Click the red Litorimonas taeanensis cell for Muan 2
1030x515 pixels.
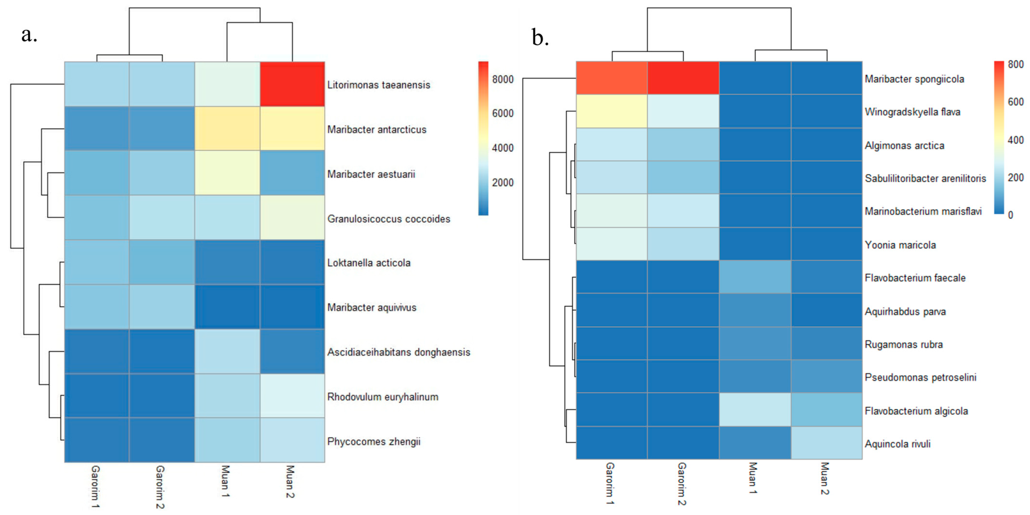click(292, 84)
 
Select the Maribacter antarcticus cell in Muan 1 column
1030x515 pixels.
click(227, 129)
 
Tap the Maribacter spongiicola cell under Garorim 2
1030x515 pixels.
click(683, 78)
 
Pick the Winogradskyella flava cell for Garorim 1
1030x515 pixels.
click(612, 111)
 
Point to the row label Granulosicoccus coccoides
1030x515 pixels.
click(388, 219)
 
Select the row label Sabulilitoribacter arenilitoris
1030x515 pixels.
click(925, 178)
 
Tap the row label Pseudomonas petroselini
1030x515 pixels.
click(920, 377)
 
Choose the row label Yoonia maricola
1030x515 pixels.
click(900, 245)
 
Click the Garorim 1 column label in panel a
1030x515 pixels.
click(95, 486)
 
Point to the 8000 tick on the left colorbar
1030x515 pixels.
click(503, 79)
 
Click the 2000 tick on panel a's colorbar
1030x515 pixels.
click(503, 182)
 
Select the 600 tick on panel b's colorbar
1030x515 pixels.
click(1016, 102)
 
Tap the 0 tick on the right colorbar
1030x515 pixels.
click(1010, 215)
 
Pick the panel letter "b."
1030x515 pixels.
click(540, 38)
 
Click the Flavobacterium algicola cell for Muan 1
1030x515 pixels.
click(755, 409)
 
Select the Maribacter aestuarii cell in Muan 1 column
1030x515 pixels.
click(227, 173)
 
